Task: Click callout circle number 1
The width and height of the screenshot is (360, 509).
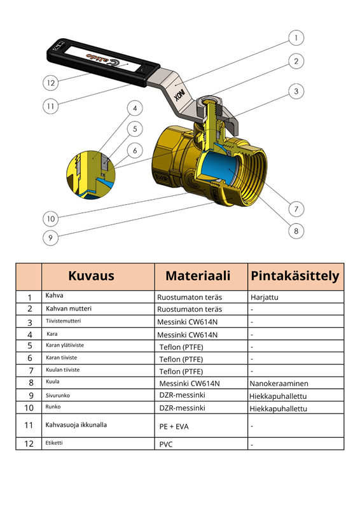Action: tap(296, 38)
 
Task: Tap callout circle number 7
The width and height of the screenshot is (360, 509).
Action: tap(296, 208)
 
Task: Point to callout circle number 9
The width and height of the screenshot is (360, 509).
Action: tap(51, 238)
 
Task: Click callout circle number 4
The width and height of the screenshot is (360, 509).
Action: tap(134, 108)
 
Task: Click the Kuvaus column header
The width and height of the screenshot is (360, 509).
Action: tap(91, 276)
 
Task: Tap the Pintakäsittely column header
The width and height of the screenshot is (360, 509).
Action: tap(295, 276)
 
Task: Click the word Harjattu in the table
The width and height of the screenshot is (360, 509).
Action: tap(265, 297)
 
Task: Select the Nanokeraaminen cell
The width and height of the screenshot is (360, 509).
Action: tap(279, 384)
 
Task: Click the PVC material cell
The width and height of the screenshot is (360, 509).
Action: tap(167, 445)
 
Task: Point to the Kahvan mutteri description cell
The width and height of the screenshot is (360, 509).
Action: tap(69, 309)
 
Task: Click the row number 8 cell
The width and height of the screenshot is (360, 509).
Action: tap(29, 383)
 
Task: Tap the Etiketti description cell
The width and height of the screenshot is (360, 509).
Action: tap(54, 442)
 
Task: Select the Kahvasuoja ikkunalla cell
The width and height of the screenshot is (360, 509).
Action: tap(76, 424)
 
